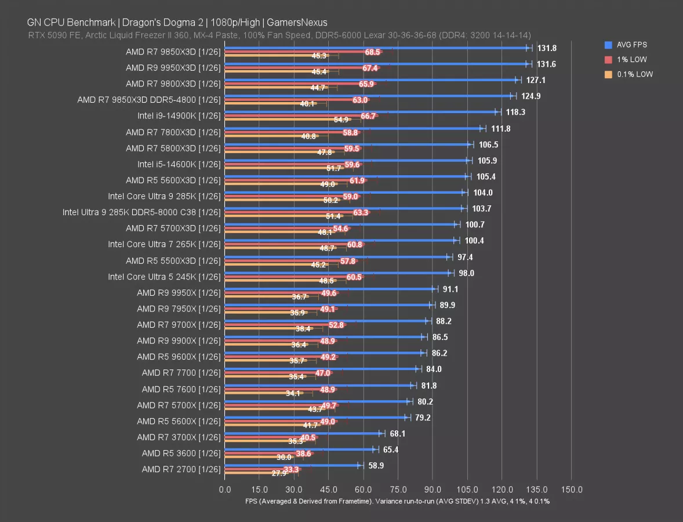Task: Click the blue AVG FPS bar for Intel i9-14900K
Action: coord(359,112)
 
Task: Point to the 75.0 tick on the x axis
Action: coord(398,490)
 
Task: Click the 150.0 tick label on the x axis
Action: coord(571,490)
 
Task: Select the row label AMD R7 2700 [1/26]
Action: coord(181,469)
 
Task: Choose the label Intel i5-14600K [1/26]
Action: coord(179,164)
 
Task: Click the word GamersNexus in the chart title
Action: coord(299,23)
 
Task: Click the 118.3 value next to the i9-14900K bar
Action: coord(515,112)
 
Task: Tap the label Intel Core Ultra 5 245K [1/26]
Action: coord(164,277)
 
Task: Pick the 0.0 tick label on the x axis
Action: coord(224,490)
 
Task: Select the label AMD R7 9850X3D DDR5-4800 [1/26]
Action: coord(149,100)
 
